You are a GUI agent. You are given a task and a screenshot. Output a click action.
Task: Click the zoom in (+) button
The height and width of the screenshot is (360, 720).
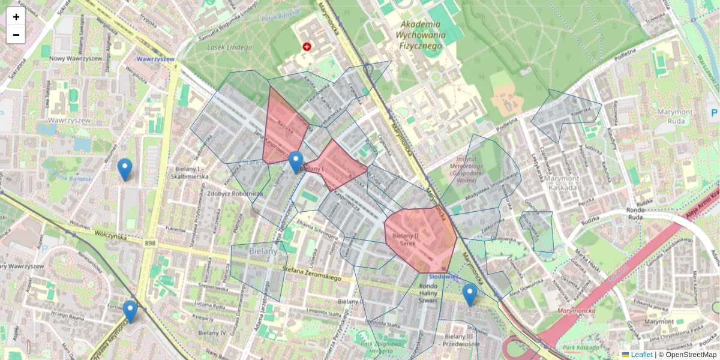pos(16,17)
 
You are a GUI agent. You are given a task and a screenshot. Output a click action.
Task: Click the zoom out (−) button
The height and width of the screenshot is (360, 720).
pos(16,35)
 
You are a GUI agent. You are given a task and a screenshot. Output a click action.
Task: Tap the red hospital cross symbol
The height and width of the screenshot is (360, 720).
pos(307,46)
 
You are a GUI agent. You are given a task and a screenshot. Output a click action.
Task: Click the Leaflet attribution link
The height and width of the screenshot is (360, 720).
pos(641,355)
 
